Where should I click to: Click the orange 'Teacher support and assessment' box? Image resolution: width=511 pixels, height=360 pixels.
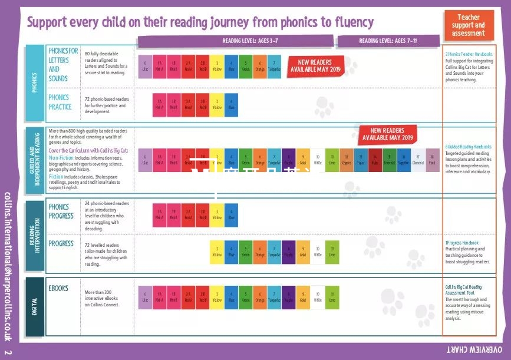pos(468,25)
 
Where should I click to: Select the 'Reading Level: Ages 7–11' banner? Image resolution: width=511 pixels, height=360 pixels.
pos(388,41)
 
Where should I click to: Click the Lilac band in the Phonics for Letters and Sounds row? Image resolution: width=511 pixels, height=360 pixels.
pos(145,66)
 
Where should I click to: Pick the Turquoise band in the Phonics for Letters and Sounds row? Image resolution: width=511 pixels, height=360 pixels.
pos(274,66)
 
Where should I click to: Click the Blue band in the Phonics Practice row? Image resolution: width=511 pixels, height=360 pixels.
pos(231,104)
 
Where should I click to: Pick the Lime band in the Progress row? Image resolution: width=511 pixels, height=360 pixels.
pos(332,252)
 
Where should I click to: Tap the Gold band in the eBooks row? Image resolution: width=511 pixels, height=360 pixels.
pos(303,297)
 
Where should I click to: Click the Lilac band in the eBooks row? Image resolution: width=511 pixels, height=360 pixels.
pos(145,297)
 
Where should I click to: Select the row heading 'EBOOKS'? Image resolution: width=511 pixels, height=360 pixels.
pos(58,289)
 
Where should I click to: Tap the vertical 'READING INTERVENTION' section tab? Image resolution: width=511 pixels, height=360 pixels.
pos(34,236)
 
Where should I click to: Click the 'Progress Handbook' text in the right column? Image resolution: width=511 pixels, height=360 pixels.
pos(463,243)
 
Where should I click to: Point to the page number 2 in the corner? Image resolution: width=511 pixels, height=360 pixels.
pos(8,352)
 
